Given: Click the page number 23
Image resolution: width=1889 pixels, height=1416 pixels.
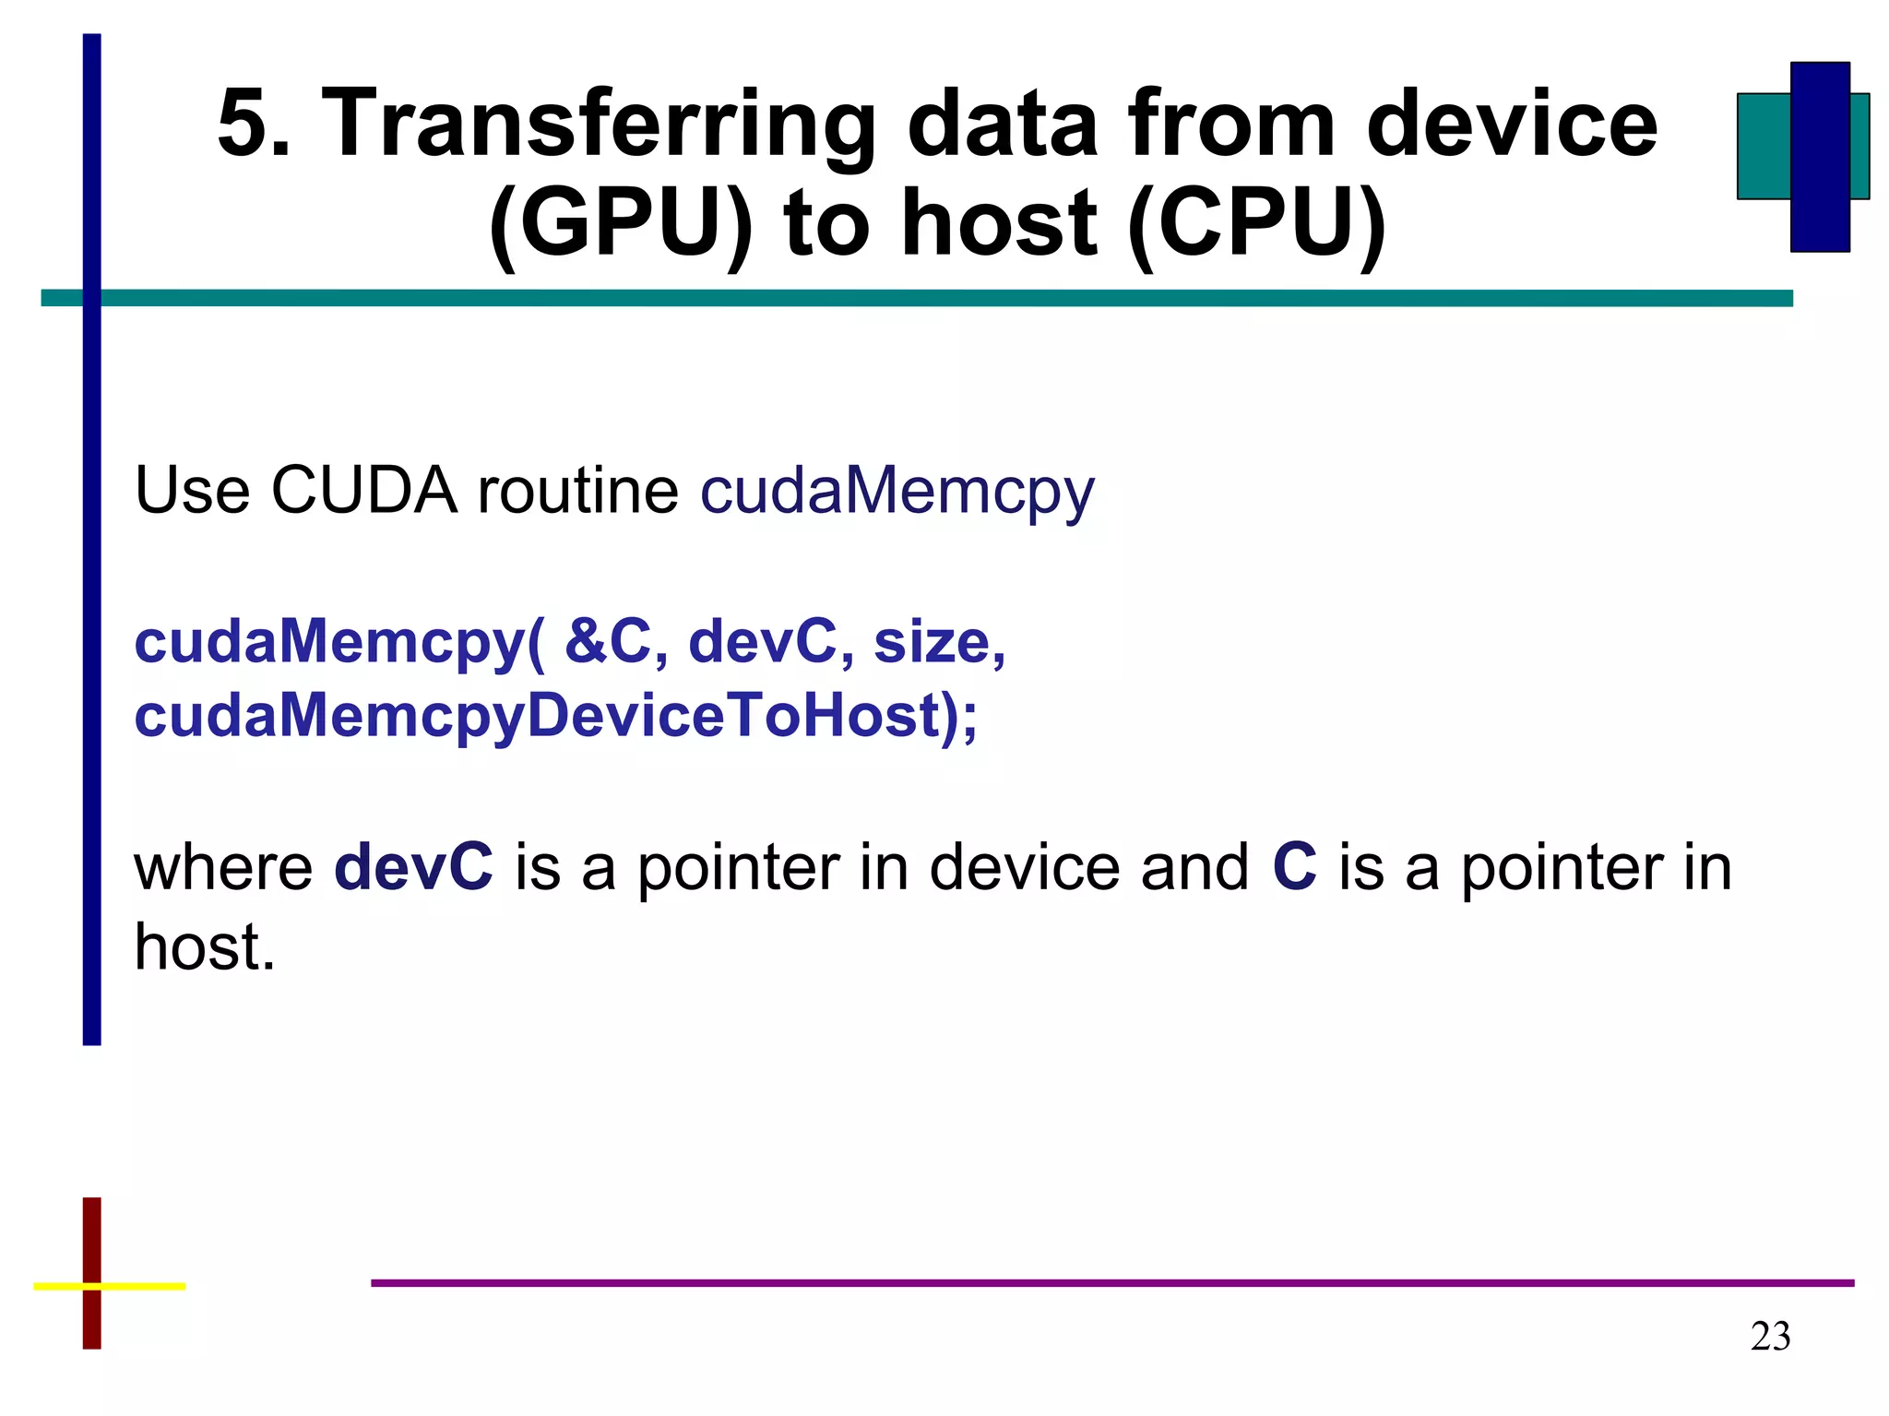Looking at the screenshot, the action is pyautogui.click(x=1770, y=1337).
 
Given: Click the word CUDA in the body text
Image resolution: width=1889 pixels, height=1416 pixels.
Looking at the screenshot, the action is pyautogui.click(x=363, y=489).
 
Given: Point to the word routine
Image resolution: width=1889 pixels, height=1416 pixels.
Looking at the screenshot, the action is pyautogui.click(x=577, y=489).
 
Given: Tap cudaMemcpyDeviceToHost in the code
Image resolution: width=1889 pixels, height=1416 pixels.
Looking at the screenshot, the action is pyautogui.click(x=538, y=716).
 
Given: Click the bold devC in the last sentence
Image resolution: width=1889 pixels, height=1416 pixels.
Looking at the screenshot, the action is pyautogui.click(x=413, y=867).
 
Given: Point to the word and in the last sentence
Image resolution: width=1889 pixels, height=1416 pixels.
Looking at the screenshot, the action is pyautogui.click(x=1194, y=867).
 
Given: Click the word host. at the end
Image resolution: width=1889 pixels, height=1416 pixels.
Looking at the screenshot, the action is pyautogui.click(x=205, y=947).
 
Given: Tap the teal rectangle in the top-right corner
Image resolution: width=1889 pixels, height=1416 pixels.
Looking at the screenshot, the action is pyautogui.click(x=1763, y=146).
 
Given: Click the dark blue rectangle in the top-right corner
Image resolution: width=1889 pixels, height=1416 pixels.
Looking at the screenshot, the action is pyautogui.click(x=1820, y=157).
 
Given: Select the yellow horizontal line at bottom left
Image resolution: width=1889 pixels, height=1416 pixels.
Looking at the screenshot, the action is pyautogui.click(x=138, y=1285).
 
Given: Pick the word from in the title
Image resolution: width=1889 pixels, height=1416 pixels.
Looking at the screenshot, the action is pyautogui.click(x=1232, y=125).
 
